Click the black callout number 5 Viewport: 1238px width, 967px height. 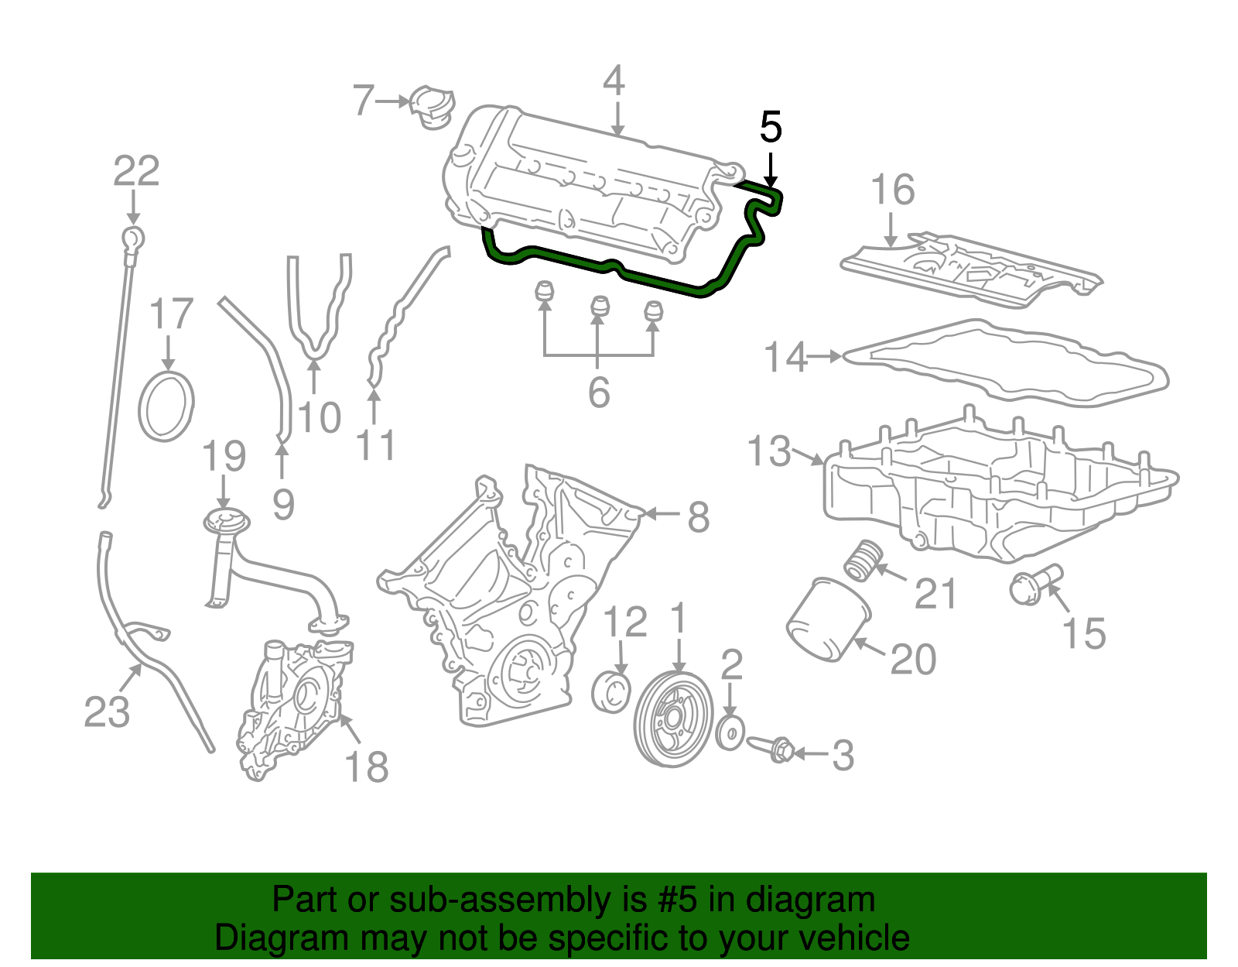(771, 128)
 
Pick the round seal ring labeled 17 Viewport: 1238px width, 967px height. (166, 406)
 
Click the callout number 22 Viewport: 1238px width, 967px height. (136, 171)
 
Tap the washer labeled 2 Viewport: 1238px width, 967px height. (730, 732)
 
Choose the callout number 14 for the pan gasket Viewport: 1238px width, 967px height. (785, 357)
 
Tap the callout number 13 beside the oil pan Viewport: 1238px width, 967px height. (769, 451)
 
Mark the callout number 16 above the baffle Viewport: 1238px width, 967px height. (893, 190)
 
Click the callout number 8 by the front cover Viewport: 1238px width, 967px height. (698, 517)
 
